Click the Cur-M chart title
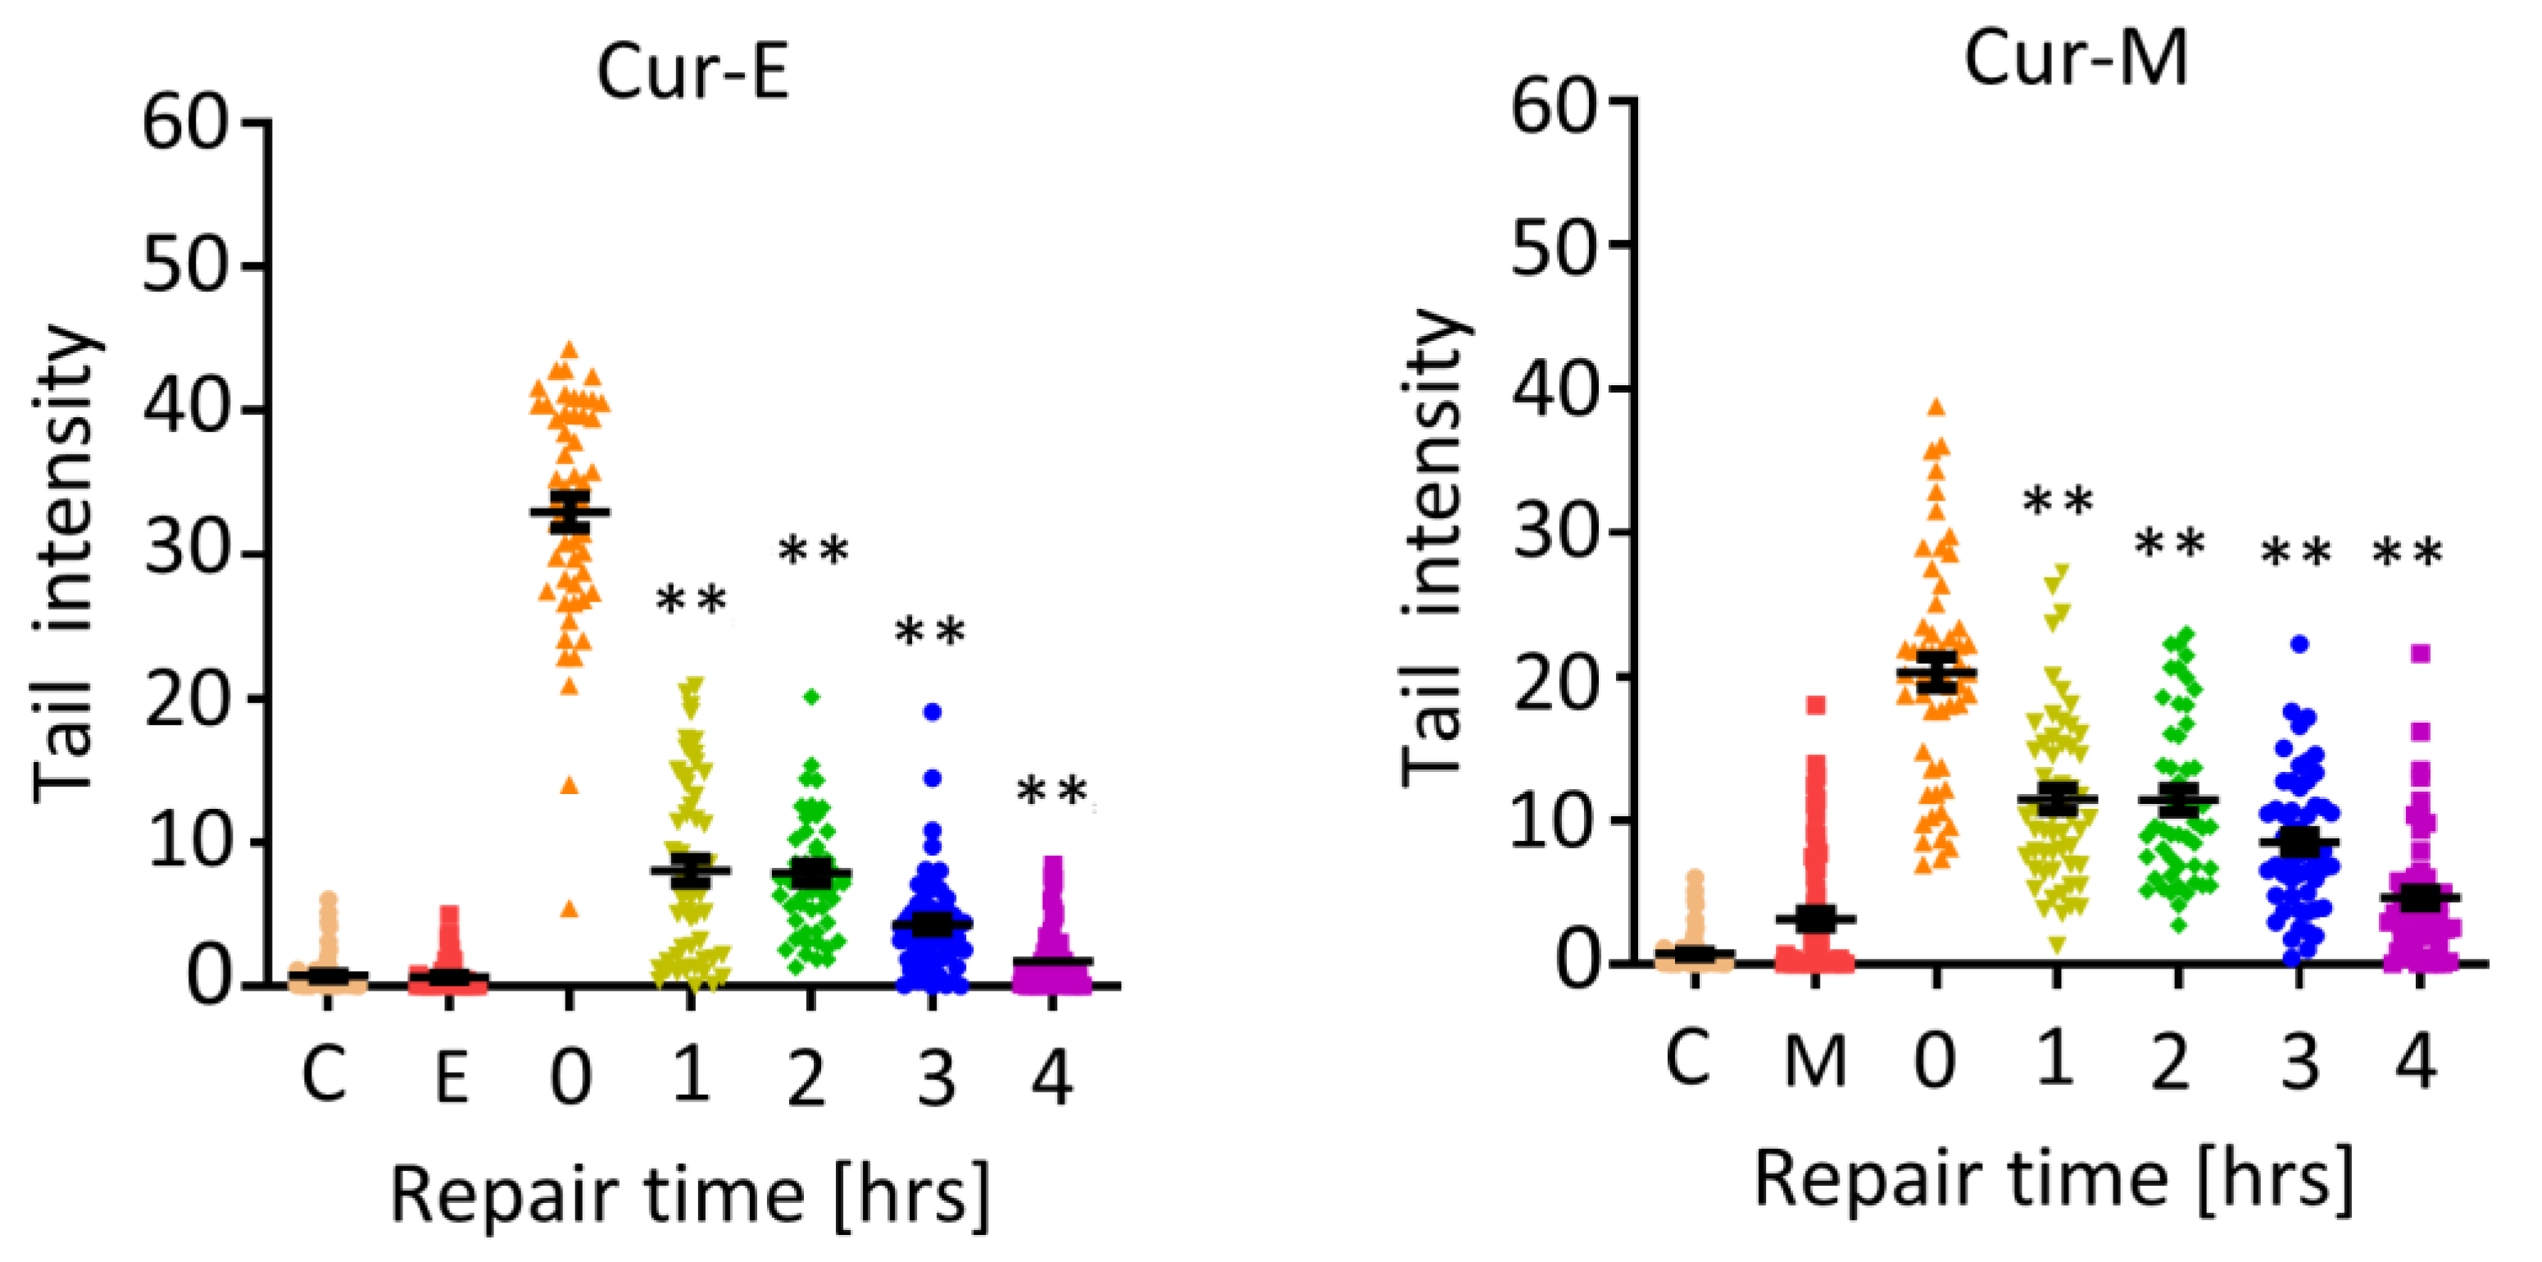click(x=2075, y=58)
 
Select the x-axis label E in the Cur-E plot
click(x=451, y=1078)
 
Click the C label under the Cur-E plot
click(x=325, y=1075)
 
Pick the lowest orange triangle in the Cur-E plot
click(x=570, y=910)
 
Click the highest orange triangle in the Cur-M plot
click(x=1936, y=406)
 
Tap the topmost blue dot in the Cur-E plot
click(x=933, y=711)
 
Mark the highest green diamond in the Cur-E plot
click(x=812, y=697)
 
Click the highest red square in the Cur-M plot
click(x=1816, y=705)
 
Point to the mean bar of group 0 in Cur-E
click(x=570, y=511)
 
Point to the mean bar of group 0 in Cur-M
click(x=1936, y=673)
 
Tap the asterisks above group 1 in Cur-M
click(x=2058, y=502)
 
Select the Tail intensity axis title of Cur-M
click(x=1432, y=547)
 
